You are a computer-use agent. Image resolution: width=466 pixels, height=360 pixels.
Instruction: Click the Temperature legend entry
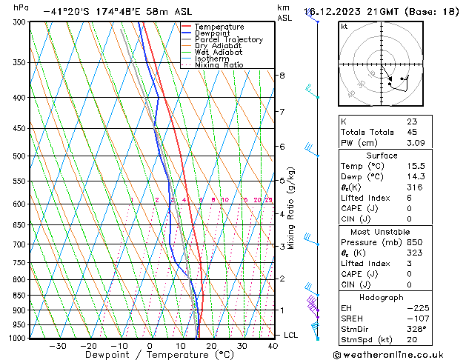(x=220, y=27)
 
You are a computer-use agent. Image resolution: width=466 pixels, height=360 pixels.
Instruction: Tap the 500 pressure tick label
(x=19, y=156)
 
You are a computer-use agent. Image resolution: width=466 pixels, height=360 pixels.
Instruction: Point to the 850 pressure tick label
(x=19, y=296)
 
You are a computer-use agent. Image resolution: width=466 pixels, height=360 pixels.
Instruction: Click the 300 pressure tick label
(x=19, y=22)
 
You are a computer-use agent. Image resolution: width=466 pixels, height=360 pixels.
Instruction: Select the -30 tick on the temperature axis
(x=57, y=346)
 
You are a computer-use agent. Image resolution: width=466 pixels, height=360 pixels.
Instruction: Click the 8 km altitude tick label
(x=282, y=76)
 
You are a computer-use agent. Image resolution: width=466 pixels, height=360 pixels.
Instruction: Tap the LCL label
(x=291, y=335)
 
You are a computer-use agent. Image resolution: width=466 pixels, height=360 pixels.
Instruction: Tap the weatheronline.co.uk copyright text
(x=398, y=354)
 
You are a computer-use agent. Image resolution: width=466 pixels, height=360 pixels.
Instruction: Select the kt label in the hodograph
(x=344, y=27)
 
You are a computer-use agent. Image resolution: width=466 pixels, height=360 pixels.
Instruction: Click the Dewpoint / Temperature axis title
(x=150, y=355)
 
